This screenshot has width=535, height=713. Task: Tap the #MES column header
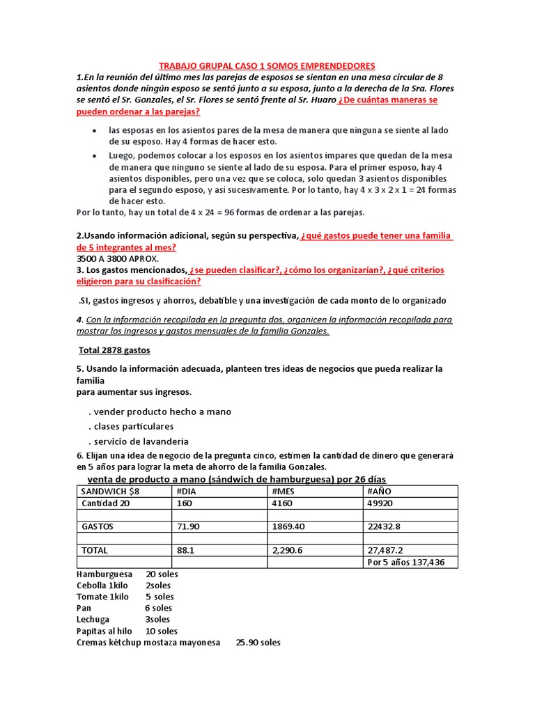(284, 491)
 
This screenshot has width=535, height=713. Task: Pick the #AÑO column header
(380, 491)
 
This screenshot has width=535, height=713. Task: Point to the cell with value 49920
(380, 503)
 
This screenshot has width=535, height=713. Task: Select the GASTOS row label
(98, 526)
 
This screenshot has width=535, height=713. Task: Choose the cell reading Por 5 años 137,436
(406, 562)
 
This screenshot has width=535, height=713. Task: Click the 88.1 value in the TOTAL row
(185, 550)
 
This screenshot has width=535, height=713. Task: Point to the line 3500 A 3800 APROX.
(118, 258)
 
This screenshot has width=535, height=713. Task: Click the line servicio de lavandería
(139, 441)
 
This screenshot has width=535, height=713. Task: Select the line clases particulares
(131, 426)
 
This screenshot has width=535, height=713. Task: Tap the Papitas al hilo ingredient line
(127, 631)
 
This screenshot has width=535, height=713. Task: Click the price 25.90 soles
(258, 642)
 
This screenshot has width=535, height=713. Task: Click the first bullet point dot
(95, 131)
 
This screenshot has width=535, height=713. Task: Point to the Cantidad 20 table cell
(106, 503)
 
